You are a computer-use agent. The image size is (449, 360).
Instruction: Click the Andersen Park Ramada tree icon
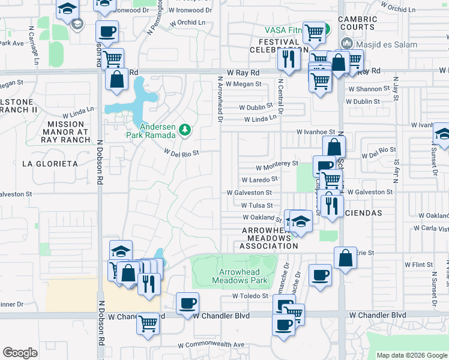point(185,129)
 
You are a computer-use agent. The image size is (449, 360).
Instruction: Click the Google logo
point(20,353)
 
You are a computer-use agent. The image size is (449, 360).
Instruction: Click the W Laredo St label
point(259,179)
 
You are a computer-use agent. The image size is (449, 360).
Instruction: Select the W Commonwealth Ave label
point(211,345)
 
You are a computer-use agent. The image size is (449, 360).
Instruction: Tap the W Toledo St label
point(250,296)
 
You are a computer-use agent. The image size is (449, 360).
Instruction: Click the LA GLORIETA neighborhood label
point(50,164)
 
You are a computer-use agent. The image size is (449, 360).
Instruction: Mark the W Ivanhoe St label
point(315,132)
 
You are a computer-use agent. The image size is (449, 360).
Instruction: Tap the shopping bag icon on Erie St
point(345,258)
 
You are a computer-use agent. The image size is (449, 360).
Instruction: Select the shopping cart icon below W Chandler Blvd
point(148,323)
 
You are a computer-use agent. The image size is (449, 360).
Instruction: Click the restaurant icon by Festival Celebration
point(289,59)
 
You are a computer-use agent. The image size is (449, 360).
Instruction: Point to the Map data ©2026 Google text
point(412,355)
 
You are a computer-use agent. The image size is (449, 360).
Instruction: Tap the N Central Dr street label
point(280,96)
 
